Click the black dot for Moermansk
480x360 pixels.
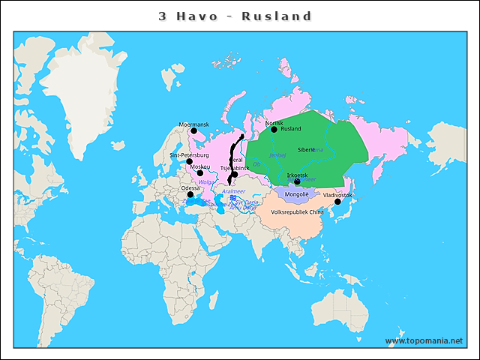point(193,130)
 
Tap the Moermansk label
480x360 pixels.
point(193,124)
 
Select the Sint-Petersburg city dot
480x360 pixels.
point(190,161)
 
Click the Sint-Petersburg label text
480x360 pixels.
point(189,154)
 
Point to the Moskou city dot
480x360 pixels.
point(199,173)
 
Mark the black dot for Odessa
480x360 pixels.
point(190,195)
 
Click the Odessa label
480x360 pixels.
point(190,188)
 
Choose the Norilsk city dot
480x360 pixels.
point(274,130)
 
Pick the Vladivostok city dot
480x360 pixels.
point(337,202)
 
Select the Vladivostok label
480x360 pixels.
point(337,195)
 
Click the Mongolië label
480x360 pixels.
point(297,194)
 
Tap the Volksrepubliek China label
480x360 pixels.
point(297,211)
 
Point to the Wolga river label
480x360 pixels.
point(205,181)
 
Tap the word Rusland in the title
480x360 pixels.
point(277,16)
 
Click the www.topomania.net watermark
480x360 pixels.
point(424,340)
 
